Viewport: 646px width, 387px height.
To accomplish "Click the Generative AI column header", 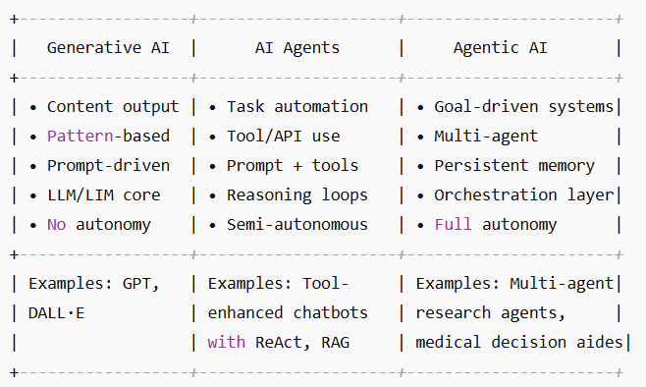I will tap(108, 47).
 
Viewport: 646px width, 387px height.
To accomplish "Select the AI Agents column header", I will tap(296, 47).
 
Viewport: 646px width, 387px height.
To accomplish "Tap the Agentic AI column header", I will tap(500, 47).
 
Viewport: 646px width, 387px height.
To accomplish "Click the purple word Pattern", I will tap(78, 136).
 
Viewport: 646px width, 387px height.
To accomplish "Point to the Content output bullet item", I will tap(112, 106).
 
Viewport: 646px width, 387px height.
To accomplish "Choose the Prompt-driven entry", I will tap(108, 165).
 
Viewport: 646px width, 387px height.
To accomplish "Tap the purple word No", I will tap(56, 224).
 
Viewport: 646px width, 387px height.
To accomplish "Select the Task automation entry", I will tap(296, 106).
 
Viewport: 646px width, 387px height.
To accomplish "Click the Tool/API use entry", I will tap(284, 136).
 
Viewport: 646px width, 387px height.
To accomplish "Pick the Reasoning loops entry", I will tap(296, 194).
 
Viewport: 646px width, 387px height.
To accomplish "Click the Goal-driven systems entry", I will tap(523, 106).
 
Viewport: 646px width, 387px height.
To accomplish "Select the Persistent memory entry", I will tap(514, 165).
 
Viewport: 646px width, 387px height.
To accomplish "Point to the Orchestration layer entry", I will tap(523, 194).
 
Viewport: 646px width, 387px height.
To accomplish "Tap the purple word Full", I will tap(453, 224).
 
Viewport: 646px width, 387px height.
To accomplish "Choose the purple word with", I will tap(226, 342).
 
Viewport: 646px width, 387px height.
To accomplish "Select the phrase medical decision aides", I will tap(518, 342).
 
